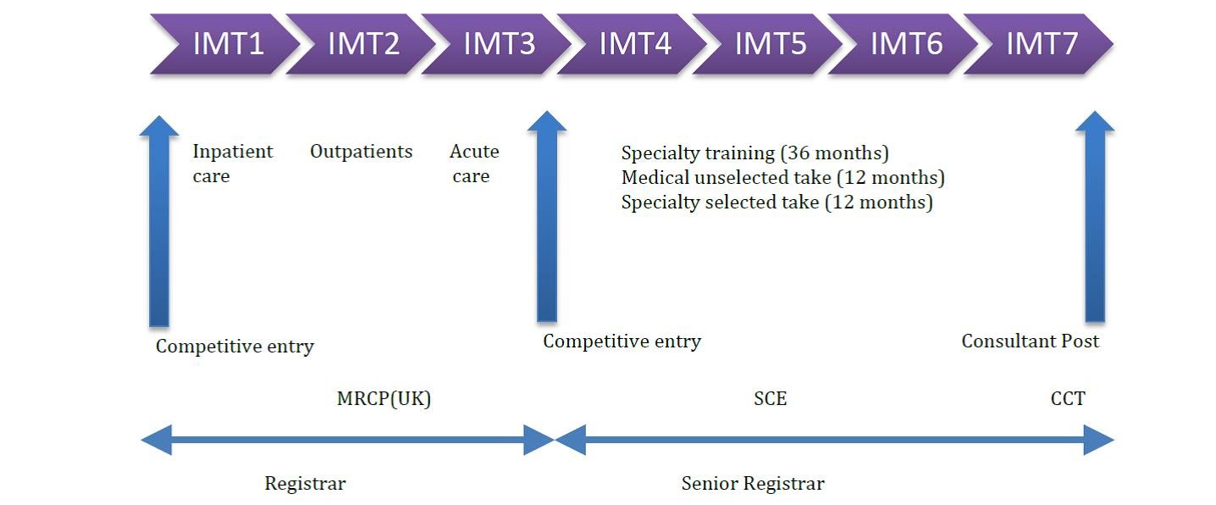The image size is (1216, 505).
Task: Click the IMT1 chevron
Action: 227,44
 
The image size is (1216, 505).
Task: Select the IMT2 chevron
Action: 362,44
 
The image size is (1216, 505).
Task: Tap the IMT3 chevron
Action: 498,44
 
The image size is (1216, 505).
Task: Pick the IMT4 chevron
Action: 634,44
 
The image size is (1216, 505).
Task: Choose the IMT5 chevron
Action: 770,44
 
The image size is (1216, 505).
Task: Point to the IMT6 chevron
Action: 905,44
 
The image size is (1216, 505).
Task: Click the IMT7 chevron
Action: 1041,44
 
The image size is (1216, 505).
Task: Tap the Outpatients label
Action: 361,152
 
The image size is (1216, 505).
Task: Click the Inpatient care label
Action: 232,164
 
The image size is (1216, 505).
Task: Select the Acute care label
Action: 473,164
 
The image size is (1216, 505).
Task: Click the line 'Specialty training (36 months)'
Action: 754,153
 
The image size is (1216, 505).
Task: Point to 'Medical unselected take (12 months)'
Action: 782,178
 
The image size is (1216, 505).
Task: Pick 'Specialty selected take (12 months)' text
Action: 777,203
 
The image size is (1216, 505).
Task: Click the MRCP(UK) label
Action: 384,399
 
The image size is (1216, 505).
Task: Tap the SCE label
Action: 770,398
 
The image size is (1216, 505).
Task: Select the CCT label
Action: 1067,398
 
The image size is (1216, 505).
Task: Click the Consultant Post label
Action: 1030,341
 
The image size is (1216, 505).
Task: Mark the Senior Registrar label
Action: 752,484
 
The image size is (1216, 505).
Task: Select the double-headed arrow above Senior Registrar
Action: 834,440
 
